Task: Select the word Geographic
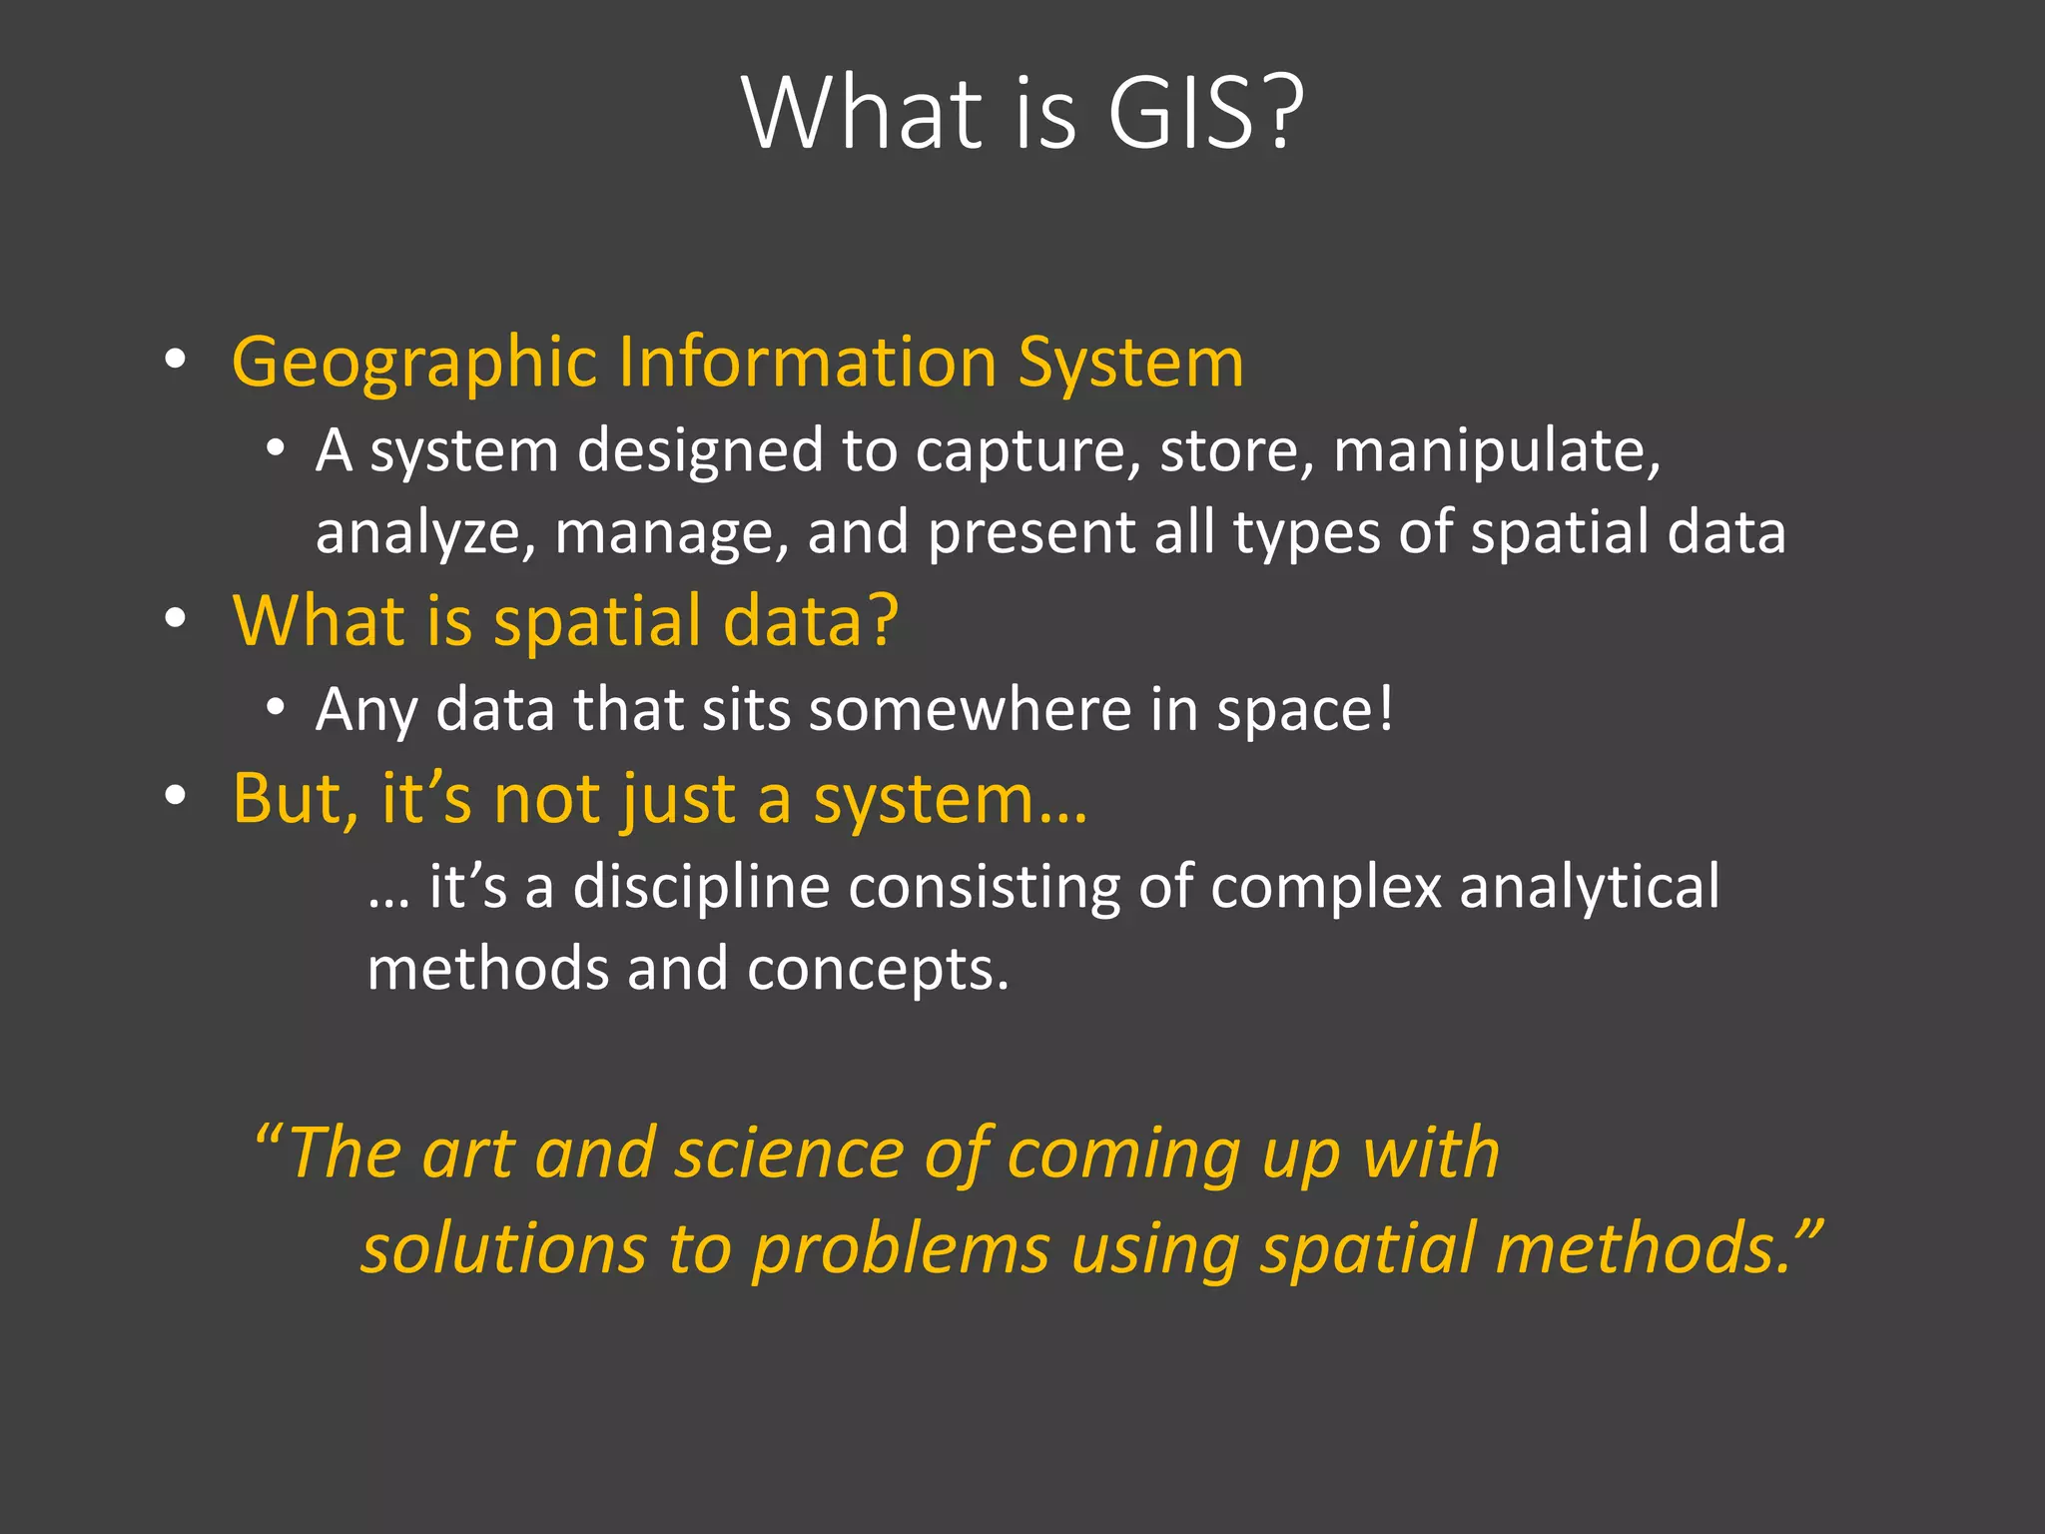[x=413, y=362]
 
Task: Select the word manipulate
[x=1495, y=452]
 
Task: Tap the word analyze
[x=425, y=533]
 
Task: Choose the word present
[x=1030, y=533]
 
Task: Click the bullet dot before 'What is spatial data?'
[x=176, y=619]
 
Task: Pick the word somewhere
[x=968, y=710]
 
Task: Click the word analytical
[x=1590, y=887]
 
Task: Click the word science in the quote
[x=789, y=1153]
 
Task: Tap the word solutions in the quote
[x=504, y=1249]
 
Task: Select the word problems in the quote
[x=901, y=1251]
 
